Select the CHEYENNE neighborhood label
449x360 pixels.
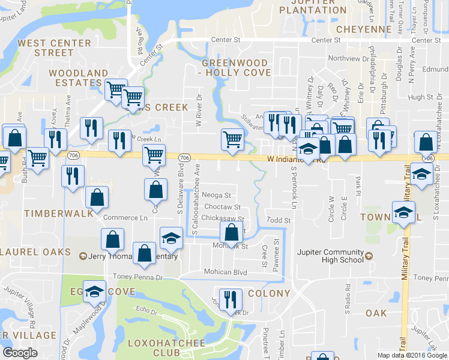point(364,29)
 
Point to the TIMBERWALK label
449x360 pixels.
point(58,213)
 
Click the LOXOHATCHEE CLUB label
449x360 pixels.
point(166,348)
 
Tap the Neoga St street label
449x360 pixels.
point(217,196)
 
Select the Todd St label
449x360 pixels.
point(279,221)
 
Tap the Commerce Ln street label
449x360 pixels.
point(125,218)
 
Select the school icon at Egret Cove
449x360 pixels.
point(94,292)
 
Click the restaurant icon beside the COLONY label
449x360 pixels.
point(231,299)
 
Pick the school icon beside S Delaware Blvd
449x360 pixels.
point(171,238)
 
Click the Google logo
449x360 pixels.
point(20,353)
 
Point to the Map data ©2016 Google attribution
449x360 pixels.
point(412,355)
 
